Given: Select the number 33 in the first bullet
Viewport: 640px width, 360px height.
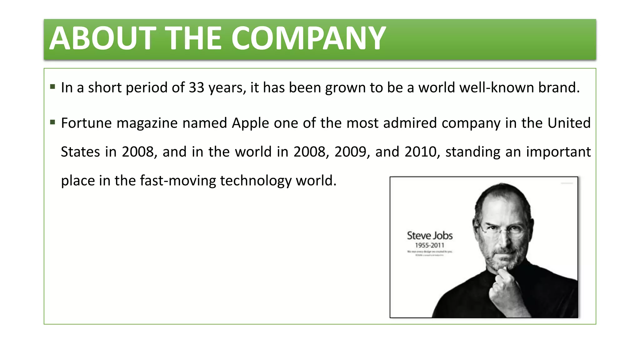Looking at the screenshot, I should [x=196, y=87].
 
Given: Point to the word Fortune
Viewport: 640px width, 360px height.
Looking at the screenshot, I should [x=86, y=123].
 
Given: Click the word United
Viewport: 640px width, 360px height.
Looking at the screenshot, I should [x=569, y=123].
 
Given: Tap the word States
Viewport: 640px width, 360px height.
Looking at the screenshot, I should [x=80, y=152].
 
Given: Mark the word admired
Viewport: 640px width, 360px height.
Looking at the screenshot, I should [x=410, y=123].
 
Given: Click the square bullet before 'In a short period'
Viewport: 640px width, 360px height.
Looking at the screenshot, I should [x=52, y=87].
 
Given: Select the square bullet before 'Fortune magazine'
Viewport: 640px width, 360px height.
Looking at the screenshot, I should [x=52, y=122].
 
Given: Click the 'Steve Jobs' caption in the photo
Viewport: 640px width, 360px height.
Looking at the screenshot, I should [x=430, y=236].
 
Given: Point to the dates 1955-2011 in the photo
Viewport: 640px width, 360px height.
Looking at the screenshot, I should [x=429, y=245].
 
